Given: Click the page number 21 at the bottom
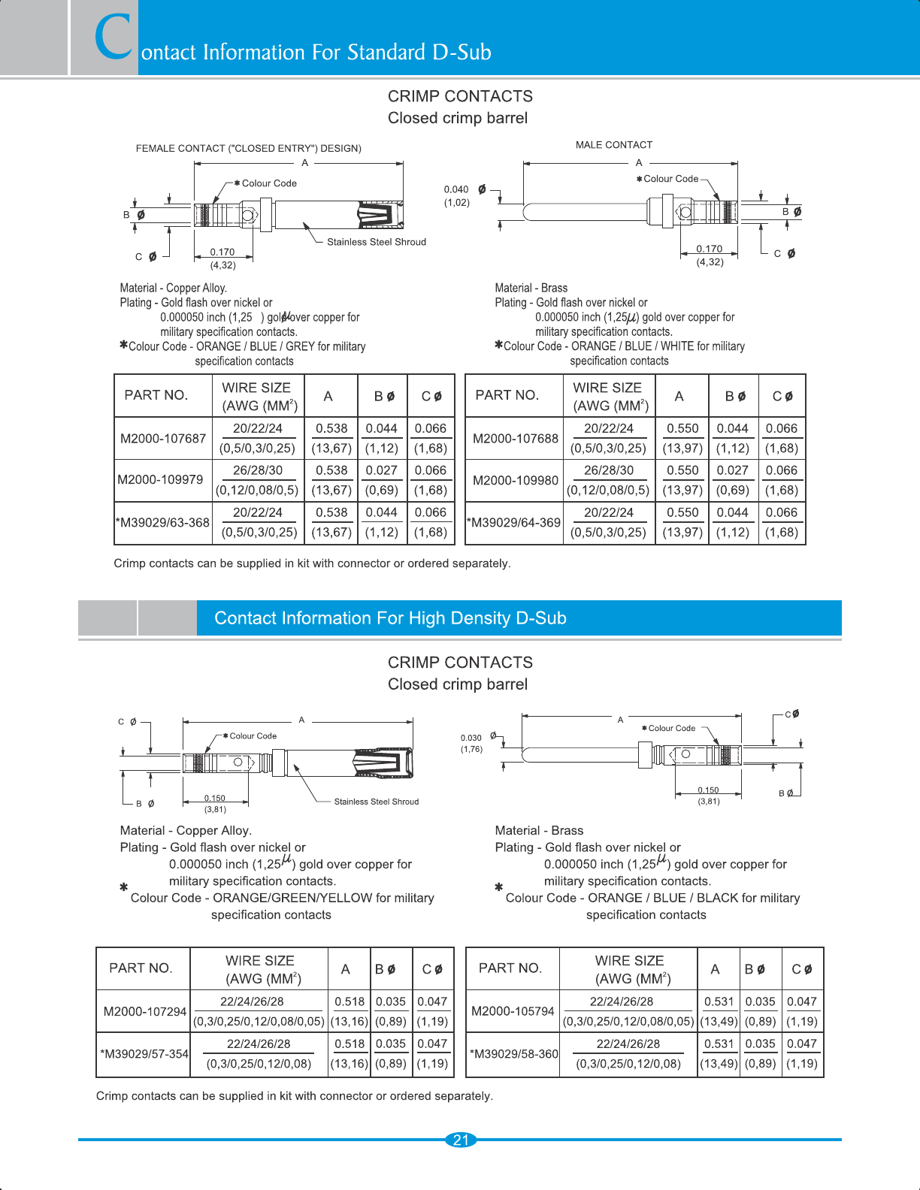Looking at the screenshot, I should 461,1140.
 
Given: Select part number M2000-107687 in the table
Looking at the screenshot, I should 163,438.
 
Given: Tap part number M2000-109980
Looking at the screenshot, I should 515,480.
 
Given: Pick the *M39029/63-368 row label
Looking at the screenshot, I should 163,522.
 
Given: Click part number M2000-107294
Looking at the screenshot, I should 144,1011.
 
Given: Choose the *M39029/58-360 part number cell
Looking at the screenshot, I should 514,1053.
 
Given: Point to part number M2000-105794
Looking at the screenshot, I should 513,1011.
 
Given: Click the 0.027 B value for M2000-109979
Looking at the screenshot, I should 381,470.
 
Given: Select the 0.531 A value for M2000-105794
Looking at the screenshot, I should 719,1001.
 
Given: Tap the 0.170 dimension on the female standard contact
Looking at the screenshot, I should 222,252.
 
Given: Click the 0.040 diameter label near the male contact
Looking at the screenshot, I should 456,189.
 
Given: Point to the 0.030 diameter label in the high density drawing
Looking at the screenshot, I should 471,738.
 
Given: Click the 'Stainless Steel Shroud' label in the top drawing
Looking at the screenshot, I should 376,242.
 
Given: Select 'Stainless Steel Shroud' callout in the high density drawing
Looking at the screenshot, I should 376,802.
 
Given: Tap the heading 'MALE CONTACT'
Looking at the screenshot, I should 614,145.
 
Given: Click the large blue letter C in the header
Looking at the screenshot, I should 114,38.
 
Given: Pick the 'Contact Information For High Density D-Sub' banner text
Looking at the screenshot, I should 390,618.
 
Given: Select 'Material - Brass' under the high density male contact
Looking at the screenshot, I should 539,830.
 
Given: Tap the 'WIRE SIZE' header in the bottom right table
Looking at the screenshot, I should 629,961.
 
